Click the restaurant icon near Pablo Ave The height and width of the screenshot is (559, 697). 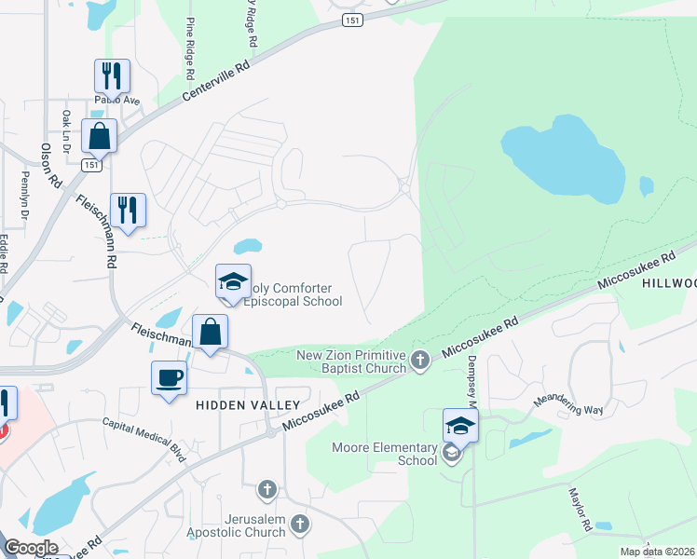112,75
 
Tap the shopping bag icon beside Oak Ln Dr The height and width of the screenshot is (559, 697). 99,135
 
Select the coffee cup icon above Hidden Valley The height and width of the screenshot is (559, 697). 170,378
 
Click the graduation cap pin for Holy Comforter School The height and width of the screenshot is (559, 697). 233,281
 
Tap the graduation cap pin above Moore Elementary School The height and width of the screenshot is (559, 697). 460,425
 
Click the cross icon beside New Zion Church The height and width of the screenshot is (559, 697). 419,359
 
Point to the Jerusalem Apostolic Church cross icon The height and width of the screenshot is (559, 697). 300,524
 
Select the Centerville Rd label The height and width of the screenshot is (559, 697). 217,82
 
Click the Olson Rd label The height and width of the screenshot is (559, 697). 50,167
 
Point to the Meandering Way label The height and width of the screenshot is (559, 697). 567,405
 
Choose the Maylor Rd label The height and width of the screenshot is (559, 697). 577,507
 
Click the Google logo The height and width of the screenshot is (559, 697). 32,548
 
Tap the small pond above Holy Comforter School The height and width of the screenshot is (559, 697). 247,247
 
